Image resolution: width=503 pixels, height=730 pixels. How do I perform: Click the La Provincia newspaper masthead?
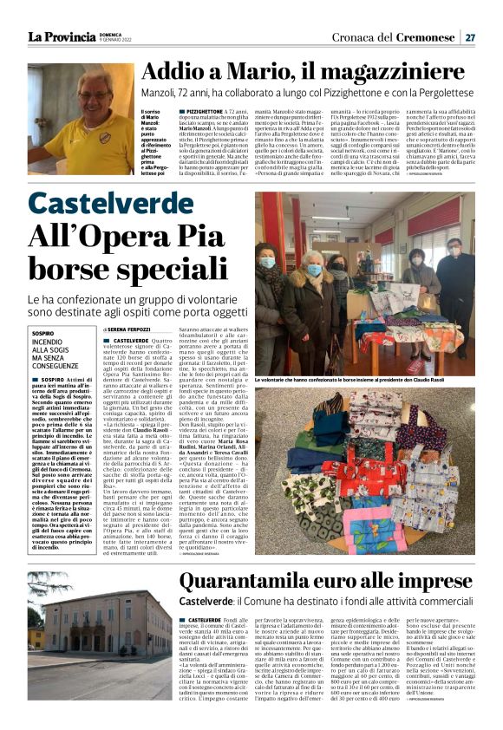tap(61, 36)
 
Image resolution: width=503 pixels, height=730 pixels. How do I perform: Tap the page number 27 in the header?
tap(469, 37)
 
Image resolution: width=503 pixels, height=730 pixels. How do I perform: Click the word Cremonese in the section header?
tap(427, 37)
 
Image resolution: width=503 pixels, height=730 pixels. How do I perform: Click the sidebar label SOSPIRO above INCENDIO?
tap(42, 333)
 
